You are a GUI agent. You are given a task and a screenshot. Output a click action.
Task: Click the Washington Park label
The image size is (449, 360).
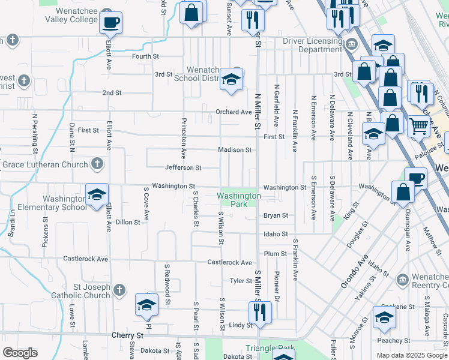click(239, 200)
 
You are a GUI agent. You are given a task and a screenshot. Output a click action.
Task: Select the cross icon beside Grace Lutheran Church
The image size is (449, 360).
click(97, 164)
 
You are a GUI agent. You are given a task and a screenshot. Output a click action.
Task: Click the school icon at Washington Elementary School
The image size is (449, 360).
click(96, 195)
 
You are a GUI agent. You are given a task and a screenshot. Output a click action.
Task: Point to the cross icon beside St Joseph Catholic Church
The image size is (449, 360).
click(119, 290)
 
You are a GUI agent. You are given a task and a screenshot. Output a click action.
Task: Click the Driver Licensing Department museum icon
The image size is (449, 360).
click(352, 43)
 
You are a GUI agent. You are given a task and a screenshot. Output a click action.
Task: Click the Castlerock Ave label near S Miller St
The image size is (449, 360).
click(230, 263)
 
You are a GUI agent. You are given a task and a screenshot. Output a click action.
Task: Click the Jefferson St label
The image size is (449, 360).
click(184, 168)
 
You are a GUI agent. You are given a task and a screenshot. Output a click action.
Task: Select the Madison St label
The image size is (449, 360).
click(234, 150)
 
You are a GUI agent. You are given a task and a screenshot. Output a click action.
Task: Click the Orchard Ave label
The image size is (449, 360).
click(234, 112)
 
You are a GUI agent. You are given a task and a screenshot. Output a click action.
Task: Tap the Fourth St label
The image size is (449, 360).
click(145, 56)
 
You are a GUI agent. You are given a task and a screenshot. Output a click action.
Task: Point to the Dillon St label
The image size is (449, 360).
click(128, 222)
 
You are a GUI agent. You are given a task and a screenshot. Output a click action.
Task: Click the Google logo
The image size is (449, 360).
click(20, 353)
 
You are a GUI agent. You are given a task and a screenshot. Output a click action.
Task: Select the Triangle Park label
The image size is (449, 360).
click(270, 348)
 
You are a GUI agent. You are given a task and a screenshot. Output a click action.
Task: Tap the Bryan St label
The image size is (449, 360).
click(276, 215)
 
